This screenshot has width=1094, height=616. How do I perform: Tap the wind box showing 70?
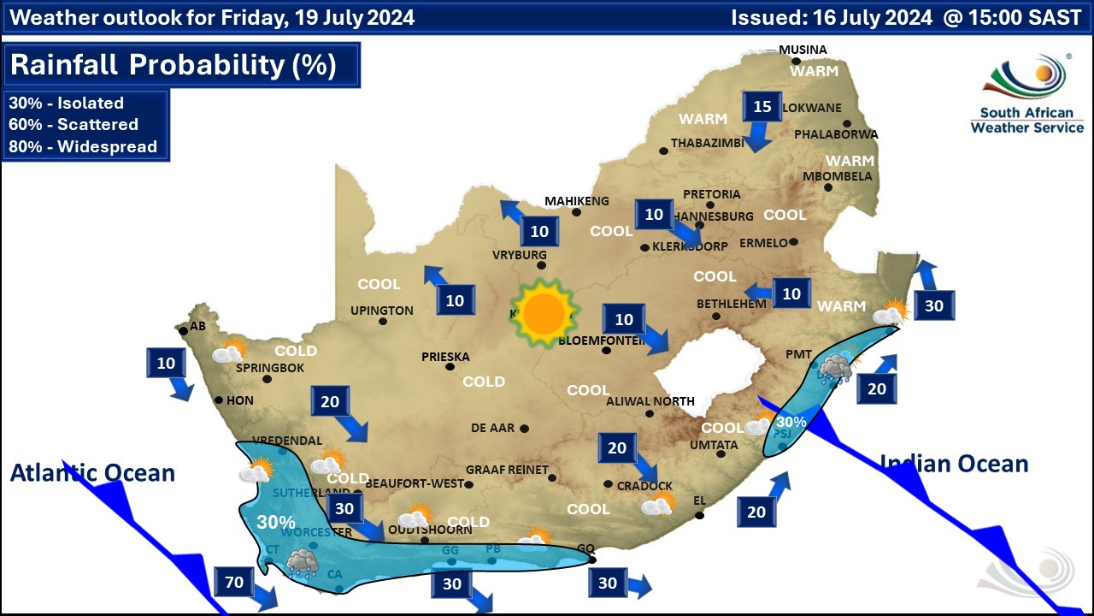coord(234,583)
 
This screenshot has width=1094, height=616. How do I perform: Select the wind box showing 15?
coord(762,107)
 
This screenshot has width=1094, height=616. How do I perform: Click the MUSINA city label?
coord(803,50)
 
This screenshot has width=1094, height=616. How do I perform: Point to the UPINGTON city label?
coord(381,311)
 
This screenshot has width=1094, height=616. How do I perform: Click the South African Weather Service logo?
coord(1026,94)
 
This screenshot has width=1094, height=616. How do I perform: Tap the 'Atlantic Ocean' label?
coord(92,472)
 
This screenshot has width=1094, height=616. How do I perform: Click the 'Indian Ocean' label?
coord(954,464)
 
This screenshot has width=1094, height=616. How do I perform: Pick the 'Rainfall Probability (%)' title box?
coord(182,65)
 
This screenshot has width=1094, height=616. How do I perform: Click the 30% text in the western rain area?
coord(276,522)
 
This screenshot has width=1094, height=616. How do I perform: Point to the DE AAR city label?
coord(493,428)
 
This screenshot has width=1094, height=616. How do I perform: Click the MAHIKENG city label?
coord(577,201)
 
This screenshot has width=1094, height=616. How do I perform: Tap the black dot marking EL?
coord(699,515)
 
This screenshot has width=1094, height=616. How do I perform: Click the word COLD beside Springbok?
coord(296,351)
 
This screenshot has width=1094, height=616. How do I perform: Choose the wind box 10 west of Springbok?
coord(166,364)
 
